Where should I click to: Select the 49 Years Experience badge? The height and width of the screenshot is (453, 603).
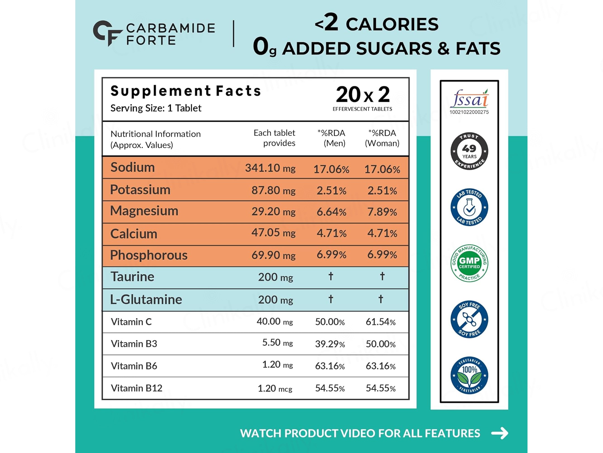pos(469,151)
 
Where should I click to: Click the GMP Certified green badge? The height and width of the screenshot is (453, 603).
pos(469,263)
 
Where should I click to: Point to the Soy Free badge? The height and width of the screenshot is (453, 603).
pos(469,319)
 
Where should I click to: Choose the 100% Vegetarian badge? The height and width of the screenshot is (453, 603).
pos(469,375)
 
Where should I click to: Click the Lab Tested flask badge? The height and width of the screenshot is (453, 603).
pos(469,207)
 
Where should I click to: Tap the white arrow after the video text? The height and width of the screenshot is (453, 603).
pos(499,433)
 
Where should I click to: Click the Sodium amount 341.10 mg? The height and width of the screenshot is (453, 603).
pos(270,168)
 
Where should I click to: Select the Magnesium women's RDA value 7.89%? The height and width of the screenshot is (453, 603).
pos(382,212)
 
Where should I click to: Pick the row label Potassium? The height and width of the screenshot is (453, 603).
pos(140,190)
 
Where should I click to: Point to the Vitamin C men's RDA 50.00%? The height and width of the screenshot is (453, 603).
pos(330,322)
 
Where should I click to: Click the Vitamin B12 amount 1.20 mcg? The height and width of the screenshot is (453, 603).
pos(275,388)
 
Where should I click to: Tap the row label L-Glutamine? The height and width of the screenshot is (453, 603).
pos(146,299)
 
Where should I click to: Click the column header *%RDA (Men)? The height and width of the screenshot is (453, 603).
pos(331,138)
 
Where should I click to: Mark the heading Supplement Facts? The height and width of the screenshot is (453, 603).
pos(186,91)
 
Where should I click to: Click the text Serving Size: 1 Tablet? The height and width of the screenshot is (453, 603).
pos(156,108)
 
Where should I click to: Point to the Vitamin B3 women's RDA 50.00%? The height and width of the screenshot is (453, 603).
pos(381,344)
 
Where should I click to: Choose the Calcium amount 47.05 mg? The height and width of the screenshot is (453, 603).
pos(273,233)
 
